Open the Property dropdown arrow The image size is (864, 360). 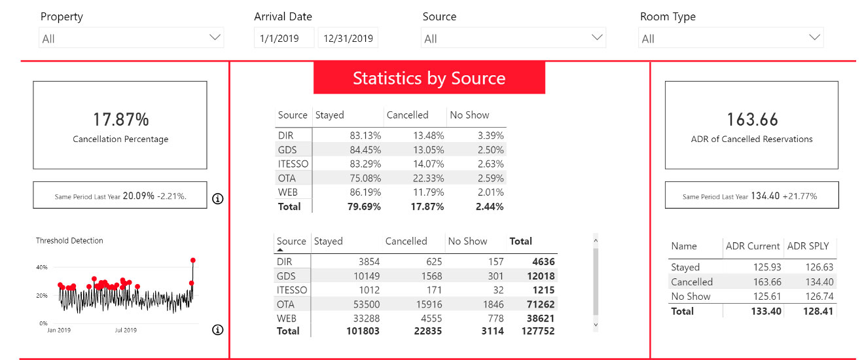point(215,38)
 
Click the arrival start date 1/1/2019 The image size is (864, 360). point(279,39)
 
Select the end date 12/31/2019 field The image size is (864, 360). point(348,39)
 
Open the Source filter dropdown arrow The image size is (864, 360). point(597,38)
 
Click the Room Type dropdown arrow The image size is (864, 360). point(814,38)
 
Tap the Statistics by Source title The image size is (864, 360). point(429,79)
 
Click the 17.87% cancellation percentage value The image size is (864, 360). point(120,119)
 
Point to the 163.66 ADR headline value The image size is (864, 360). point(752,119)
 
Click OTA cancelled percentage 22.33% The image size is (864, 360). point(428,178)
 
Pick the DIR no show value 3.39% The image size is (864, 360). point(490,135)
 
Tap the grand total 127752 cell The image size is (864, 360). point(535,331)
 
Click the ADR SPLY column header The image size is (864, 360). point(808,246)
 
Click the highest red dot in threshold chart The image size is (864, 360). point(193,261)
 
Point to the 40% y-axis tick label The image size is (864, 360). point(41,268)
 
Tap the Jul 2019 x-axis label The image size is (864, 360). point(125,330)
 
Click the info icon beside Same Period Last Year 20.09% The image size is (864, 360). point(218,199)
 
